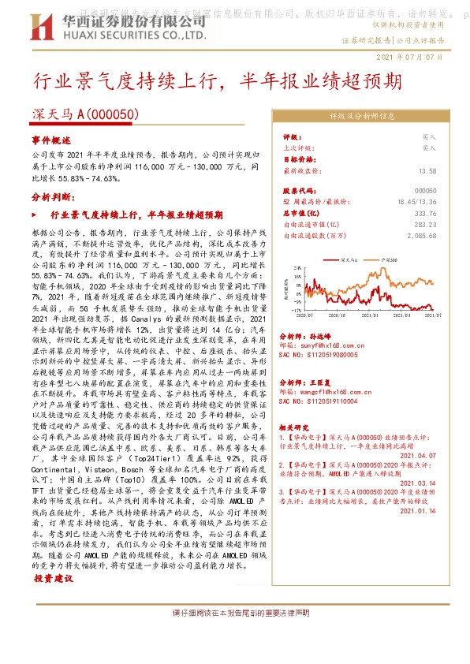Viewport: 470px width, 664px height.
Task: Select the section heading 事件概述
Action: [51, 140]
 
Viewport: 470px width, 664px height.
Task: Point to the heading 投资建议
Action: [53, 578]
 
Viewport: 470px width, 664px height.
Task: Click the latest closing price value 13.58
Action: [427, 170]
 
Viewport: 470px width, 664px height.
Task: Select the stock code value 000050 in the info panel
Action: [425, 191]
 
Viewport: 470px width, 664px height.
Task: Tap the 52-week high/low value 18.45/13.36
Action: [416, 202]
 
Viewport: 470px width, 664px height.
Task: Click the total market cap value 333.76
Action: [425, 213]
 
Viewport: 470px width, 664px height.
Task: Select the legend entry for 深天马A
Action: [349, 259]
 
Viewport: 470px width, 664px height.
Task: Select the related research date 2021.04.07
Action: [417, 455]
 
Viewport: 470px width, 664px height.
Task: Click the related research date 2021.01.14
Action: [417, 511]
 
